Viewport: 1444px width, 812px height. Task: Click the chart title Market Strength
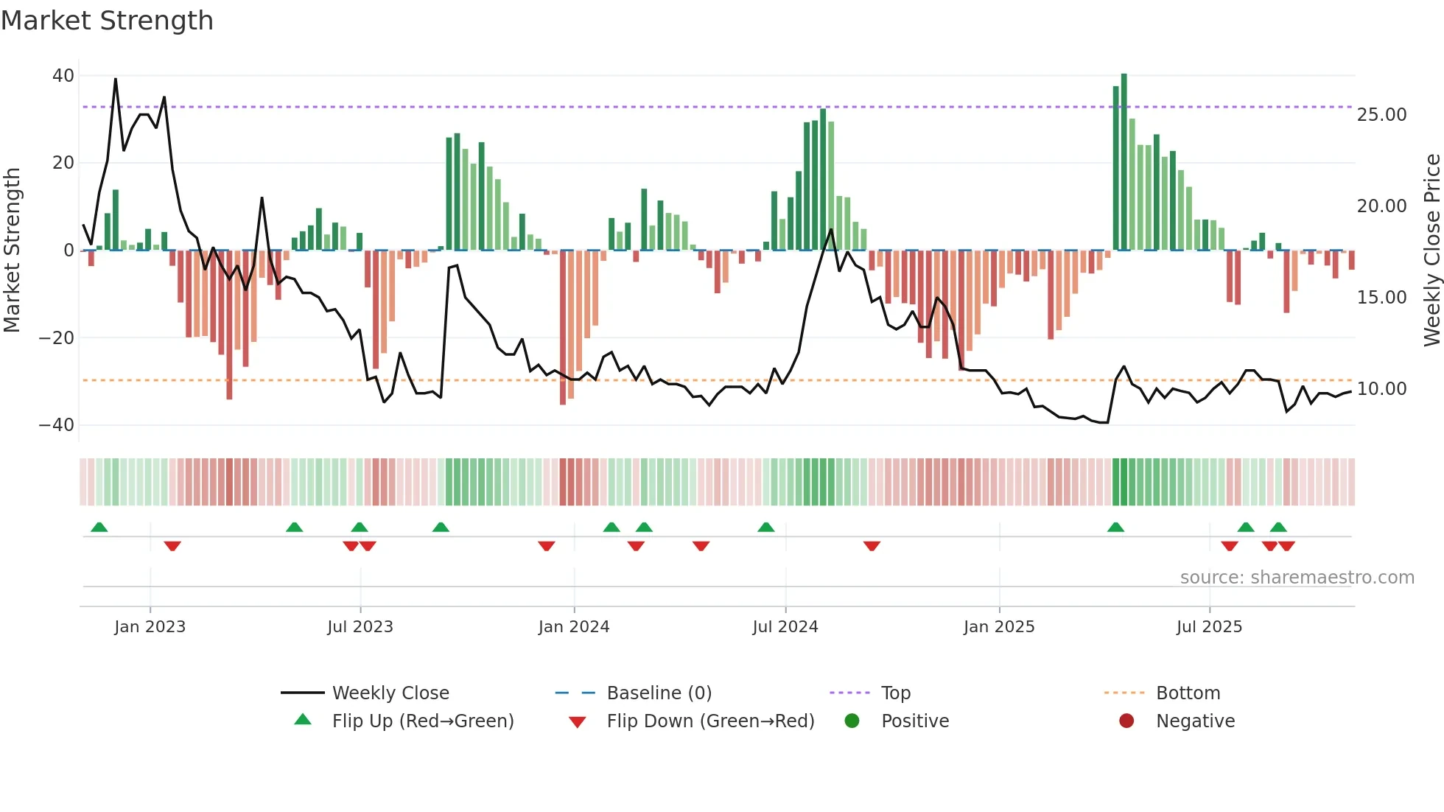click(107, 21)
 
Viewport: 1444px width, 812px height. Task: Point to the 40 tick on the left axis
click(63, 76)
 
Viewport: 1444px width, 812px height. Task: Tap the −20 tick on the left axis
click(57, 338)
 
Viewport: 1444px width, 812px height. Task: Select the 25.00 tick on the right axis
click(1381, 115)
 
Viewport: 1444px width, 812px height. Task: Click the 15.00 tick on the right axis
click(1381, 298)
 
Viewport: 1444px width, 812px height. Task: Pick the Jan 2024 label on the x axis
click(574, 627)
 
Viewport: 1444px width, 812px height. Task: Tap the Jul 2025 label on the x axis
click(1209, 627)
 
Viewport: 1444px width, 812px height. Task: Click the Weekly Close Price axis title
click(1431, 251)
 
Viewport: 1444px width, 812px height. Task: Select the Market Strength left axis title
click(13, 251)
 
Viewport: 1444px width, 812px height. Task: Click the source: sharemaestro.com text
click(1297, 578)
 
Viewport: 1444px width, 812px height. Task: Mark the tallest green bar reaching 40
click(1124, 162)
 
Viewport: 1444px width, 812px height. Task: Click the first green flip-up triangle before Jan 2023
click(99, 527)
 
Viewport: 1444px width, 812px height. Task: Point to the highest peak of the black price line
click(116, 80)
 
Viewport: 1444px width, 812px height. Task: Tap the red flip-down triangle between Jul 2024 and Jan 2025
click(872, 546)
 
